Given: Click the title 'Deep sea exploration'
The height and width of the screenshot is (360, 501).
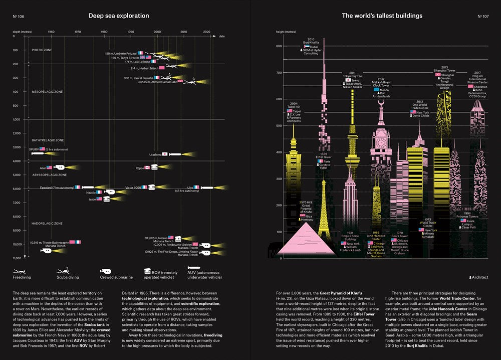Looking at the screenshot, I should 119,16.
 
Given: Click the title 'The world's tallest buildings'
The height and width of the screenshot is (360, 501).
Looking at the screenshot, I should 382,16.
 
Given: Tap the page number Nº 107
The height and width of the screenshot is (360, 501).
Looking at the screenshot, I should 483,17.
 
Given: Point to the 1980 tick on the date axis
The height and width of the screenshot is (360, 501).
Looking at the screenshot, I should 104,32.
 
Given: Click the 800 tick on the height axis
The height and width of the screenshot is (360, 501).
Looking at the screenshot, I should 279,46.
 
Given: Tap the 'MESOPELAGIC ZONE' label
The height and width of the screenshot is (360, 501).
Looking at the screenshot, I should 47,92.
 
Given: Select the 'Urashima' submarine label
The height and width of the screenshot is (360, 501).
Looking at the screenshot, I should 155,154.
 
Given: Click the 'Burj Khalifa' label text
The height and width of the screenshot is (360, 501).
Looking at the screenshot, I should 311,43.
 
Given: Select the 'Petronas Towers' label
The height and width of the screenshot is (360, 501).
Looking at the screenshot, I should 467,216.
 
